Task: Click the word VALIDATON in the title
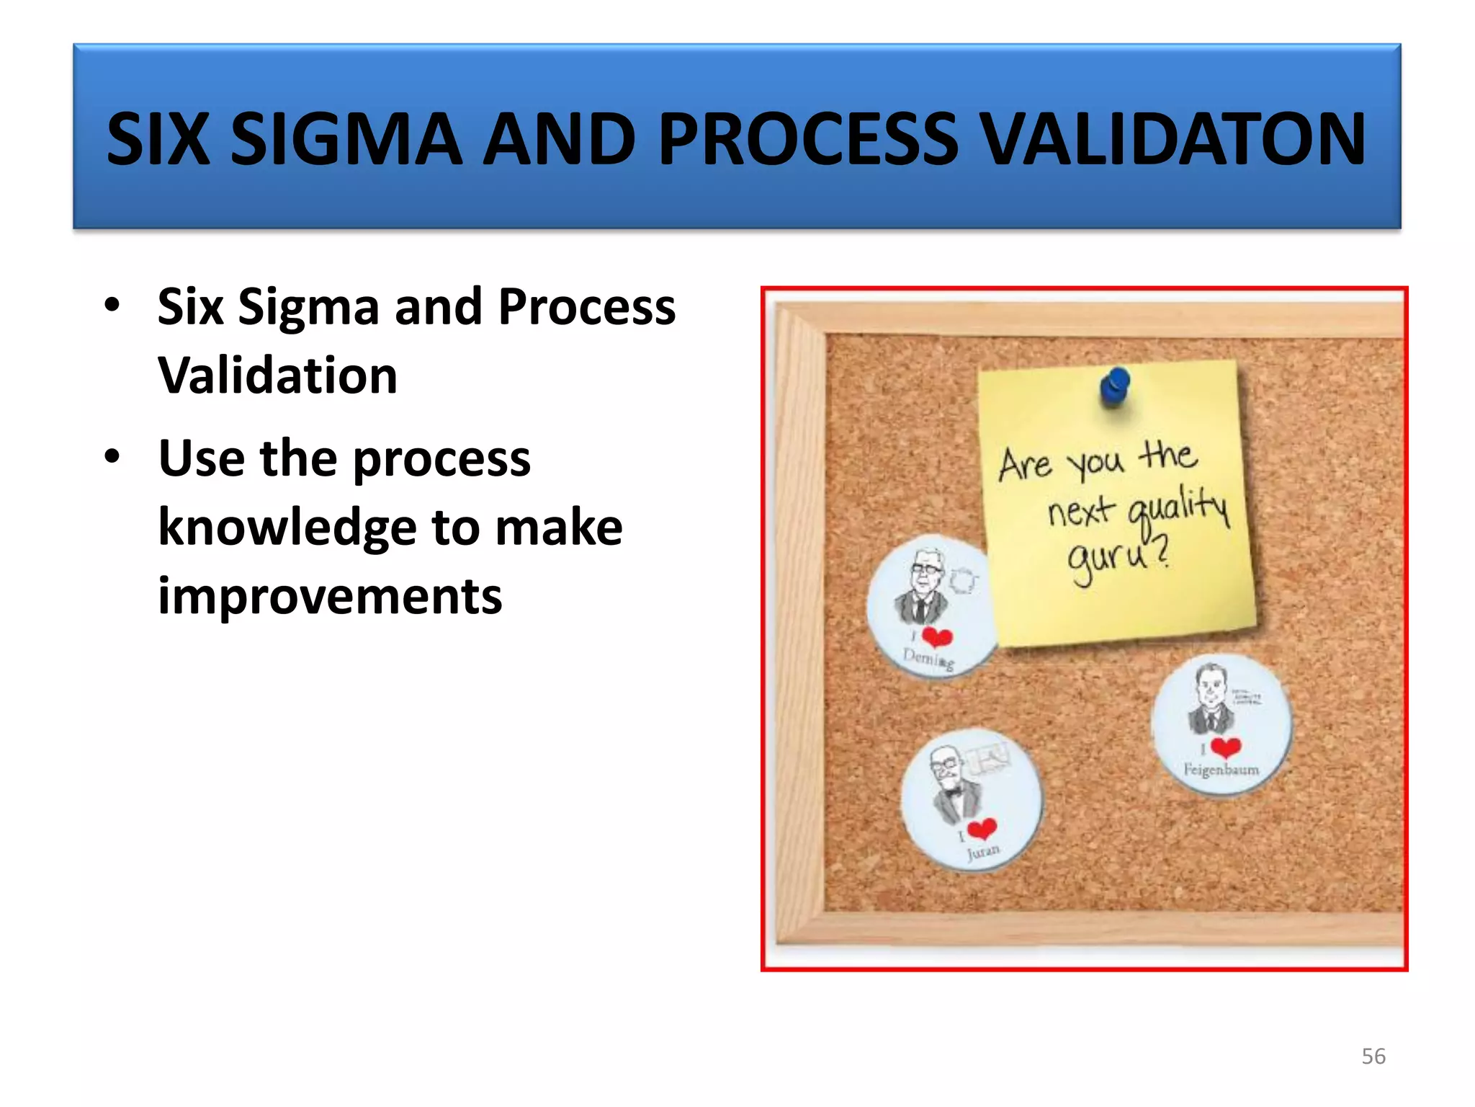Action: [x=1174, y=138]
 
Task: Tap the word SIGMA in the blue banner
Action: [x=346, y=138]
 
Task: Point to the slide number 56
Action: [x=1373, y=1057]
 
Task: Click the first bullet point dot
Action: [x=112, y=305]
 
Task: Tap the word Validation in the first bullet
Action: [x=277, y=375]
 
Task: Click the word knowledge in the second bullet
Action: [x=287, y=528]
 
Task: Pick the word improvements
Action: [x=330, y=597]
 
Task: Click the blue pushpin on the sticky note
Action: [x=1115, y=386]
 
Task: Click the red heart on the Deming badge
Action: [x=937, y=637]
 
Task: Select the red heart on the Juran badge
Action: [x=982, y=829]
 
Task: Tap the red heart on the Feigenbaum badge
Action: [x=1225, y=747]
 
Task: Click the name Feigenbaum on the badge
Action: [x=1221, y=770]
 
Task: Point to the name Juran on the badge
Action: [x=983, y=853]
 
